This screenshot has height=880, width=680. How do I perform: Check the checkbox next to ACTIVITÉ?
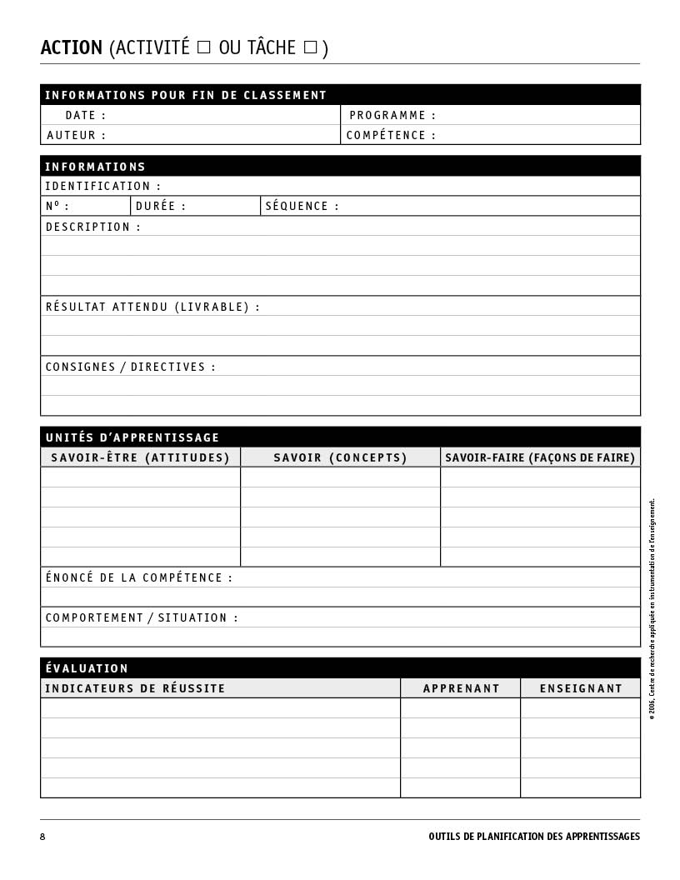pos(203,47)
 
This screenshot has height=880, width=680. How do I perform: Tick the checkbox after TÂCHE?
pos(310,47)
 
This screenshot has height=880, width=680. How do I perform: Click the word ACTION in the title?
pos(72,48)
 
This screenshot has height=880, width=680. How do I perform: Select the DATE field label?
pos(86,116)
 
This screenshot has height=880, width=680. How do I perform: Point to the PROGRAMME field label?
pos(392,116)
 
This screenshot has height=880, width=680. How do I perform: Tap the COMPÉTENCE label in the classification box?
pos(391,136)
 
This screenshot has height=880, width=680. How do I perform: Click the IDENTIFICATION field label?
pos(102,187)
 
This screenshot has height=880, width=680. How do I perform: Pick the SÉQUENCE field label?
pos(302,207)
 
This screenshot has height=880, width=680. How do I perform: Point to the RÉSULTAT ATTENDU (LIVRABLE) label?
pos(152,307)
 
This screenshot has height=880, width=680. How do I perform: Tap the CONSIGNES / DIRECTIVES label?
pos(131,367)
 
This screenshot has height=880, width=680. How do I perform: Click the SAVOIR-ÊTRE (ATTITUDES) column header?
pos(140,458)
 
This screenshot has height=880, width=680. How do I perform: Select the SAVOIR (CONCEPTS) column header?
pos(340,458)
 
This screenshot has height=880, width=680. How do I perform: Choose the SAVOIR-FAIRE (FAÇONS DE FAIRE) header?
pos(540,458)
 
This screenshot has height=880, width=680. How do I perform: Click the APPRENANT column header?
pos(461,689)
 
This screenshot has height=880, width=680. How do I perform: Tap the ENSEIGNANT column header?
pos(581,689)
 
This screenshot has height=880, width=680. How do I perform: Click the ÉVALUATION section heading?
pos(87,669)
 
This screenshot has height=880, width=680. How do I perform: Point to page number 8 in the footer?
pos(42,837)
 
